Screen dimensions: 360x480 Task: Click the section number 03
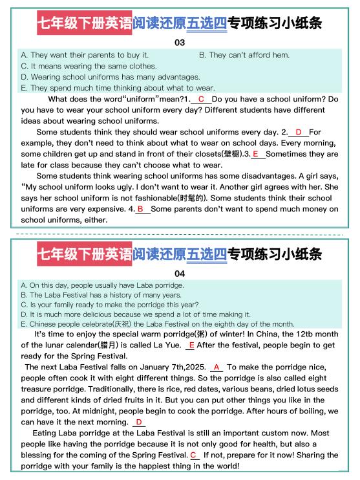(x=180, y=43)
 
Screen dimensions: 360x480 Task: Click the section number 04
(x=180, y=273)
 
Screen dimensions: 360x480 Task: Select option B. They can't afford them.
(x=244, y=55)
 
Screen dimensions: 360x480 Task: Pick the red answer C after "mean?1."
(x=201, y=99)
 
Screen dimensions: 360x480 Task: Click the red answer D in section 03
(x=299, y=132)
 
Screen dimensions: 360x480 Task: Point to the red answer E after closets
(x=255, y=154)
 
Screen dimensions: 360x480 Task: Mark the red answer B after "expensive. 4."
(x=140, y=209)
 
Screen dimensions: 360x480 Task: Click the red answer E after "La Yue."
(x=191, y=345)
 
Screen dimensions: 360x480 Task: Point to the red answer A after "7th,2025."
(x=216, y=367)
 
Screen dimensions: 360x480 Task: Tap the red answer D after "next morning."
(x=139, y=422)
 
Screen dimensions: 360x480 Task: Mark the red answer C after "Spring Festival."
(x=193, y=455)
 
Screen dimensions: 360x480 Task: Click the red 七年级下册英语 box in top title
(x=83, y=24)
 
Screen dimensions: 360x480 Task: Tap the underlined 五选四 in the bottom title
(x=206, y=254)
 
